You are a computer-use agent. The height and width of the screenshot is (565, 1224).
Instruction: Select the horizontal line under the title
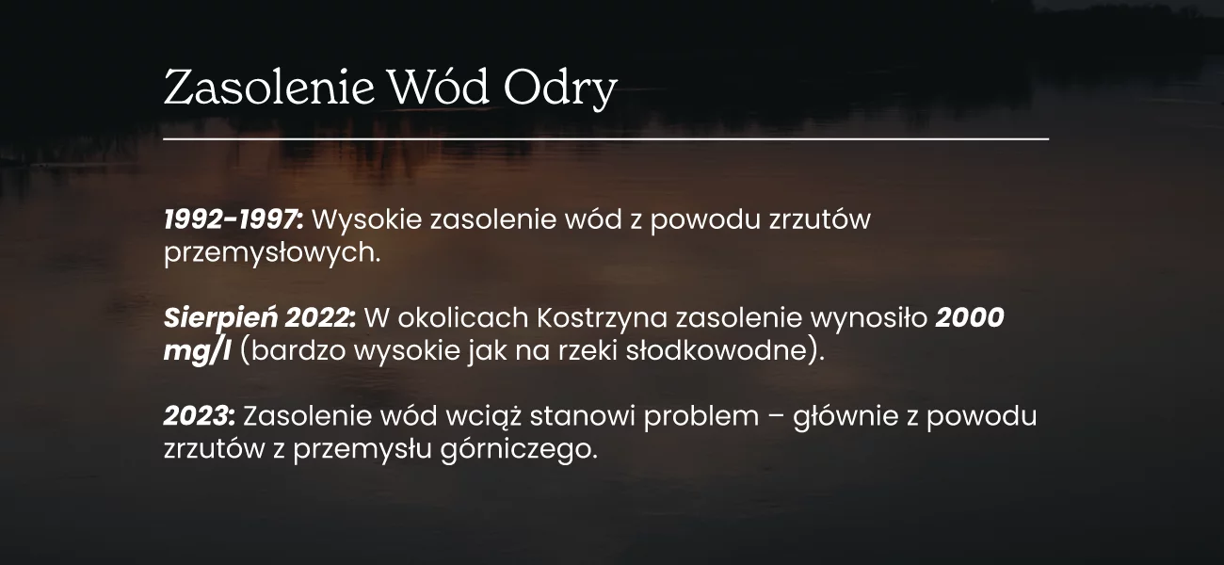[606, 139]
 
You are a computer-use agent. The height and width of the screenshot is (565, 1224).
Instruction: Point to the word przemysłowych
[271, 253]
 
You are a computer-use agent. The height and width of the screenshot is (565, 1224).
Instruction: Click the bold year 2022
[320, 318]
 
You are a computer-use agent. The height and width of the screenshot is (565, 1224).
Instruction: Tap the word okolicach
[463, 318]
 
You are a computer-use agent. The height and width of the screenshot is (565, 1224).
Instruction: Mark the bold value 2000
[970, 318]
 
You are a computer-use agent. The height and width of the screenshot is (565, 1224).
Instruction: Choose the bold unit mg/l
[198, 352]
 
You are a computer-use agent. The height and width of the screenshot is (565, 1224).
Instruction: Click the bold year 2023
[200, 416]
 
